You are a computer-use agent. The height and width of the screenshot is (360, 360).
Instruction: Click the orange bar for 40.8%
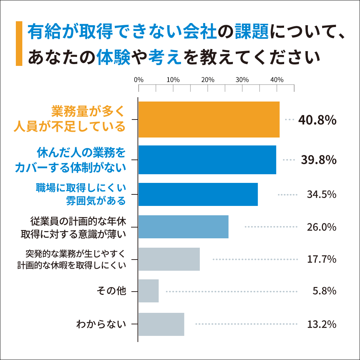(x=209, y=120)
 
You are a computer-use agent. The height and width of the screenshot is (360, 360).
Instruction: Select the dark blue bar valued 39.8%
(x=207, y=160)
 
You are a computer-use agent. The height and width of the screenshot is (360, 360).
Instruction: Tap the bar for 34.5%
(x=198, y=194)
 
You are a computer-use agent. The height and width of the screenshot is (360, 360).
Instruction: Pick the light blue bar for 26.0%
(x=183, y=227)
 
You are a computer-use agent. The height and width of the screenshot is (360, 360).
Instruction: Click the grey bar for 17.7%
(x=169, y=259)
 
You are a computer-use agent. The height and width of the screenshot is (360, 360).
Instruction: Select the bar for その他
(x=148, y=291)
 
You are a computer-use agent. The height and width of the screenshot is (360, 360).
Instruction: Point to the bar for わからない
(x=161, y=324)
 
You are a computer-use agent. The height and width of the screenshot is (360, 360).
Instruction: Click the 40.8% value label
(x=317, y=120)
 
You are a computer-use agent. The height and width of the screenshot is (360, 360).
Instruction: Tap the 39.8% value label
(x=318, y=160)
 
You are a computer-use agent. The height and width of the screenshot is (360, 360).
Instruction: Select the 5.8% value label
(x=324, y=291)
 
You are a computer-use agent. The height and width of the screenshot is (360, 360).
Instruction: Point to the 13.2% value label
(x=321, y=324)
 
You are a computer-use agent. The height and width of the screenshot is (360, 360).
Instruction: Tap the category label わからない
(x=101, y=324)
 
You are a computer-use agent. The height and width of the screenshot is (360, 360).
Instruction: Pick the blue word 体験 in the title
(x=113, y=57)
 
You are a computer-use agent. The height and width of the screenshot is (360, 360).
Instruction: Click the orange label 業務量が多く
(x=88, y=111)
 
